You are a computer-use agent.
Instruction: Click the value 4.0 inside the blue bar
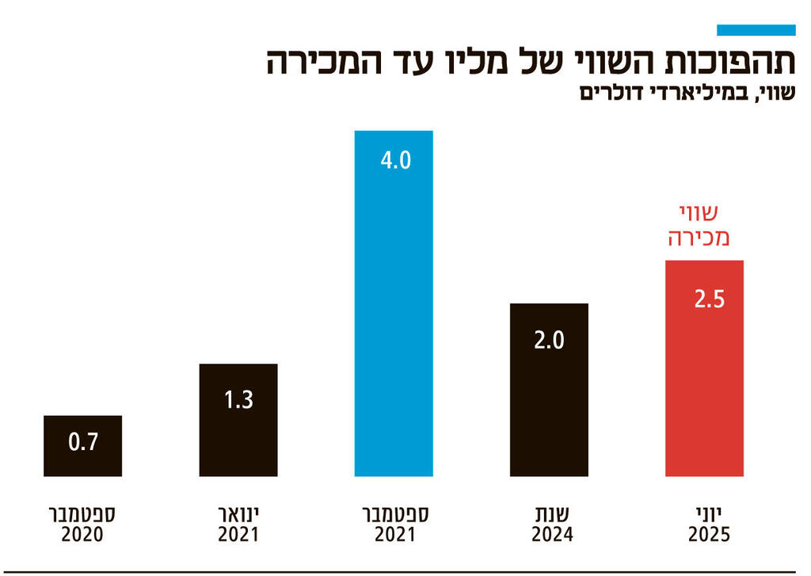[x=394, y=162]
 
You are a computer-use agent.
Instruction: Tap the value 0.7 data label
[x=83, y=442]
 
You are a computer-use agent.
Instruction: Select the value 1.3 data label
[x=238, y=399]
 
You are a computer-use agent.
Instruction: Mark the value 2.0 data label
[x=548, y=341]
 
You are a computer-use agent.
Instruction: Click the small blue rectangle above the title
[x=756, y=30]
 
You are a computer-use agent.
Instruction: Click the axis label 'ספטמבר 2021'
[x=394, y=525]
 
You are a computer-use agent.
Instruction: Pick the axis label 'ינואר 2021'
[x=238, y=525]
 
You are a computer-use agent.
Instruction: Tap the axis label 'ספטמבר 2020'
[x=83, y=525]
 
